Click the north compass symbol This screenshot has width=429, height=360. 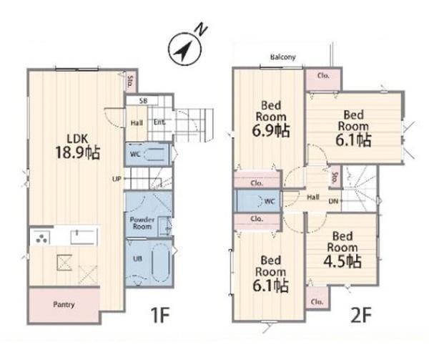(184, 49)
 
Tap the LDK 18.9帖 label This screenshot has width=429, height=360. (78, 147)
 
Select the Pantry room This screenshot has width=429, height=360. (64, 305)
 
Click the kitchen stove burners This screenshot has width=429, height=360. (41, 238)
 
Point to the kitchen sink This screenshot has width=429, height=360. (84, 237)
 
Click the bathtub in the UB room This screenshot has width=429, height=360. (161, 263)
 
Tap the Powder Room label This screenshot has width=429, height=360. (142, 223)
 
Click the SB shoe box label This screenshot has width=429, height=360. (143, 101)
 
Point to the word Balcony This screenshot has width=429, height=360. (283, 57)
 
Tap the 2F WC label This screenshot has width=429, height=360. (270, 202)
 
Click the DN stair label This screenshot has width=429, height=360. (333, 202)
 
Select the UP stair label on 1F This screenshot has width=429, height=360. (117, 180)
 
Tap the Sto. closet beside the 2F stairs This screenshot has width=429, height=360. (334, 177)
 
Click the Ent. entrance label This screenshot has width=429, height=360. (159, 122)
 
